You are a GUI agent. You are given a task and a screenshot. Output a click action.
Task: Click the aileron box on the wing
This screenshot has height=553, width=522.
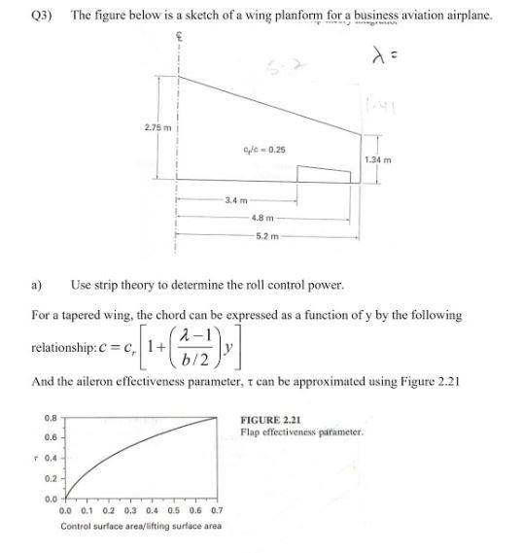tap(323, 174)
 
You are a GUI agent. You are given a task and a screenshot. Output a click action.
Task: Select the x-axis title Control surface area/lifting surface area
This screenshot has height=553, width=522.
tap(140, 526)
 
